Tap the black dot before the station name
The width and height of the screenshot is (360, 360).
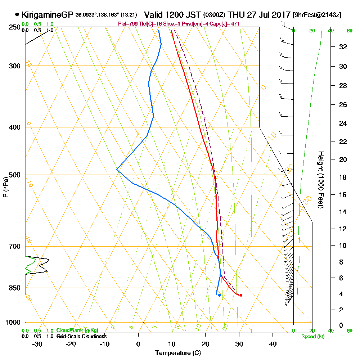click(x=17, y=15)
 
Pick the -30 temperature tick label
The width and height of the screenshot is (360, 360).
click(x=37, y=344)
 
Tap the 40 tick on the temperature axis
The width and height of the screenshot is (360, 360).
click(x=273, y=344)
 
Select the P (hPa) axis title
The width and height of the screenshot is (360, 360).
click(x=5, y=187)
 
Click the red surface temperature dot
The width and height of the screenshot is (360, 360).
click(x=241, y=295)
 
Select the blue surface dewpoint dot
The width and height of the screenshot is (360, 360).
click(x=219, y=295)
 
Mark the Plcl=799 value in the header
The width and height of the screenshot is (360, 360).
click(x=126, y=24)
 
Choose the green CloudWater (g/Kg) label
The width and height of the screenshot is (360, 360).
click(x=77, y=330)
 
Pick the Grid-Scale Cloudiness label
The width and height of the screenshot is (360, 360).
click(x=81, y=336)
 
